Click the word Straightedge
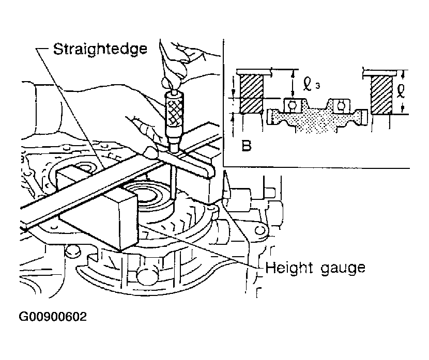[x=100, y=49]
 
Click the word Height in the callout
[x=288, y=268]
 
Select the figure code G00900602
[x=53, y=317]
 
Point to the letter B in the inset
[x=246, y=146]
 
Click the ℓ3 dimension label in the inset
[x=311, y=84]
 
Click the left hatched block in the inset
[x=251, y=94]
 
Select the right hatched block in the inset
[x=381, y=95]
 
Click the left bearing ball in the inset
[x=293, y=105]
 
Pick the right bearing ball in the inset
[x=341, y=105]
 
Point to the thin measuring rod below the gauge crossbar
[x=173, y=182]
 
